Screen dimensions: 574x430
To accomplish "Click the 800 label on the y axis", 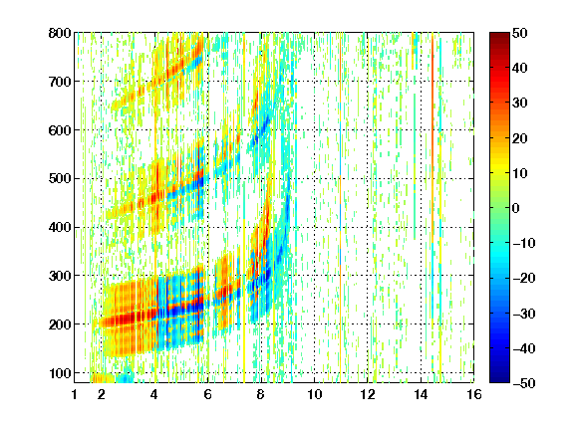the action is tap(60, 33).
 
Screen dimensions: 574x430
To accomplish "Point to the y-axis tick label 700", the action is tap(60, 82).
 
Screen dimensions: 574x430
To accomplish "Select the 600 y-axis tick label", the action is tap(60, 130).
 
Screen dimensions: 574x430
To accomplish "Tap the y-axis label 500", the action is tap(60, 179).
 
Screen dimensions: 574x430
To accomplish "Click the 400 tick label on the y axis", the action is tap(60, 227).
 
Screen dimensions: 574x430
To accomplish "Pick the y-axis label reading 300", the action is tap(60, 276).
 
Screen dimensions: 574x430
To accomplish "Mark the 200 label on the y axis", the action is tap(60, 324).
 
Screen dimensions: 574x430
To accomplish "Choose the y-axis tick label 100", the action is tap(60, 373).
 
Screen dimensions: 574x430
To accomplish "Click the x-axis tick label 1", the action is tap(75, 394).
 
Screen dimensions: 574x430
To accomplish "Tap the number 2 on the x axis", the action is tap(102, 394).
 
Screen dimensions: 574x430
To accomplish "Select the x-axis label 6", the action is tap(208, 394).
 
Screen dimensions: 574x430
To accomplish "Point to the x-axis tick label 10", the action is tap(315, 394).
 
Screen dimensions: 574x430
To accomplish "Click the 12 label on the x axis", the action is tap(368, 394).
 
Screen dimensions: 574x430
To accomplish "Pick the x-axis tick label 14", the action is tap(421, 394).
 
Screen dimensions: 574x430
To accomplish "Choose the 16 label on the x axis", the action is tap(474, 394).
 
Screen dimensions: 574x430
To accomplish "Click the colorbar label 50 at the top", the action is tap(520, 33).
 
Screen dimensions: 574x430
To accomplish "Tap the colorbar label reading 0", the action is tap(516, 208).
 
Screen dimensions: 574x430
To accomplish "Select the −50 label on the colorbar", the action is tap(524, 383).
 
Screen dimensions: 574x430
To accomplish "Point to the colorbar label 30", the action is tap(520, 104).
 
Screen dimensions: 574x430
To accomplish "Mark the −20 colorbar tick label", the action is tap(524, 278).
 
